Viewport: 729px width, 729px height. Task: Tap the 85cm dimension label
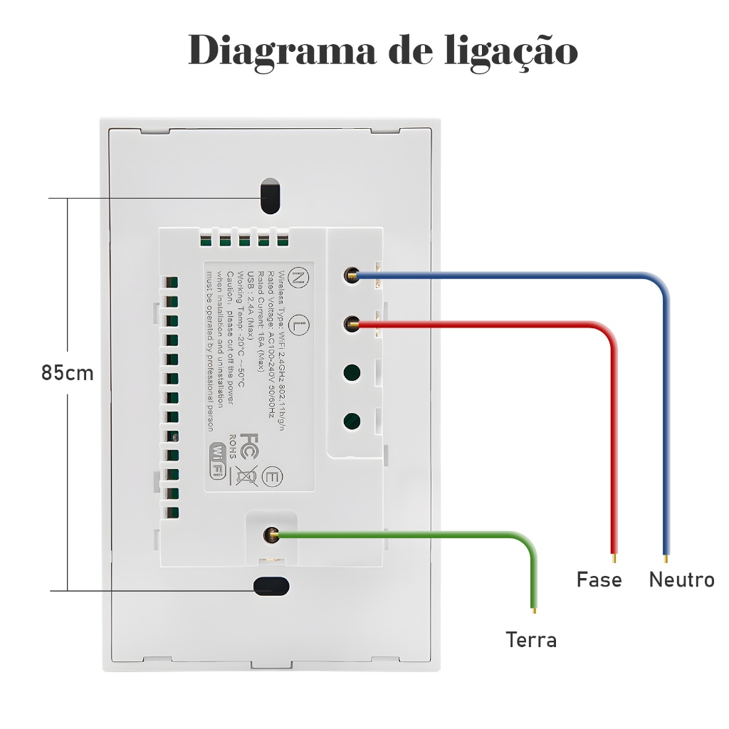point(67,373)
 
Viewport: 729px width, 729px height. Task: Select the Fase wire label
point(599,579)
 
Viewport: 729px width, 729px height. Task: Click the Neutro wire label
point(681,579)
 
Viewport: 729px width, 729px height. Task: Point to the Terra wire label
point(531,640)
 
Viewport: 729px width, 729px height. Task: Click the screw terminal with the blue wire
point(351,275)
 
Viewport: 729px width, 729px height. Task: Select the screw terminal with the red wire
point(351,324)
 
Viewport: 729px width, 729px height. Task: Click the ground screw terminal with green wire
point(271,534)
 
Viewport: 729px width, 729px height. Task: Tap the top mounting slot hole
point(270,196)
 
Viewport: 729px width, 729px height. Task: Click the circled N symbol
point(301,278)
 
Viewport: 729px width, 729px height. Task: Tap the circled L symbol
point(301,325)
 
